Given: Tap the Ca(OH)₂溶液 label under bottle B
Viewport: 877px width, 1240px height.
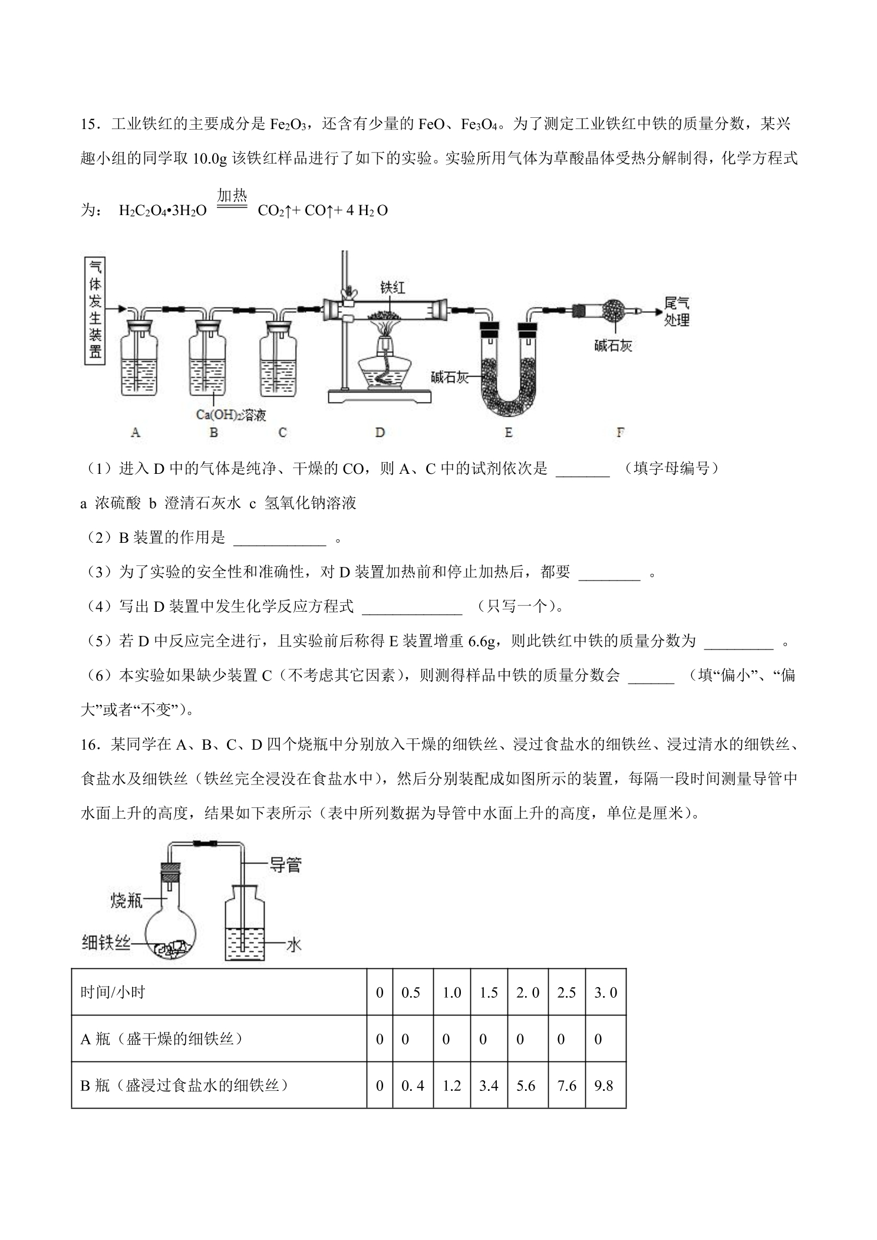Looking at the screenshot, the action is click(x=230, y=414).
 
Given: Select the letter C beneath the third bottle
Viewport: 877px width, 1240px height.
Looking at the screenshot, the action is click(x=282, y=433).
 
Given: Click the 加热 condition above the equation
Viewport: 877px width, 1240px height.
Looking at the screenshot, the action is click(x=232, y=195).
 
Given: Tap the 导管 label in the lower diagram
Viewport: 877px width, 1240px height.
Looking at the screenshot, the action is click(x=286, y=865).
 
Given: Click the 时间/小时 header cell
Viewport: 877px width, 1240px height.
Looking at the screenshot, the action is click(x=113, y=992).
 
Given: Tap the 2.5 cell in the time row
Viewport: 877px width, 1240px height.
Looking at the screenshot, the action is click(x=566, y=992).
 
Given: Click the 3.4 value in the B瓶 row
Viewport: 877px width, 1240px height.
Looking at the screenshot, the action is click(x=489, y=1085).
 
